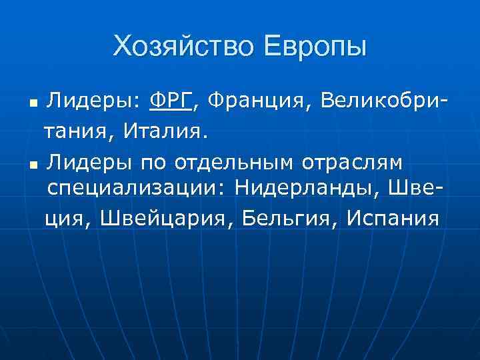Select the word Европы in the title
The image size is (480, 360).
coord(315,46)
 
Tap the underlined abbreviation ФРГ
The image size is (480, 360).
coord(171,101)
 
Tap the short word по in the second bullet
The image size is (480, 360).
coord(149,161)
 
